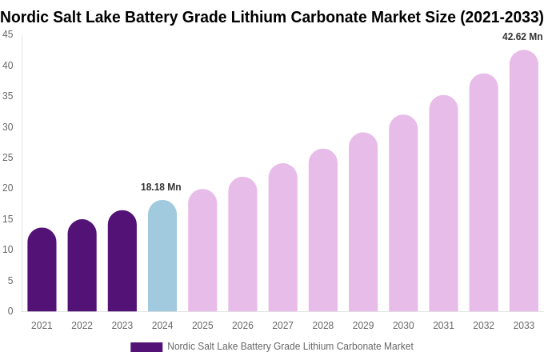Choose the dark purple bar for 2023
point(122,262)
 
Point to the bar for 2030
point(403,214)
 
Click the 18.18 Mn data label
point(161,187)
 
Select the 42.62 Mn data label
point(522,37)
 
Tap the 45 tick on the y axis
point(8,34)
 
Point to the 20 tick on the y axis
point(8,188)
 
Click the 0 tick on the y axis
point(10,311)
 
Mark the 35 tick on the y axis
point(8,96)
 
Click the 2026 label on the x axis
point(242,326)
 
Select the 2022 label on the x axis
point(82,326)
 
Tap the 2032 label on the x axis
point(483,326)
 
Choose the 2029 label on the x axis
point(363,326)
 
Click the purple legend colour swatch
point(146,347)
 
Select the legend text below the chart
point(290,346)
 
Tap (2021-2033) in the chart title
point(502,17)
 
